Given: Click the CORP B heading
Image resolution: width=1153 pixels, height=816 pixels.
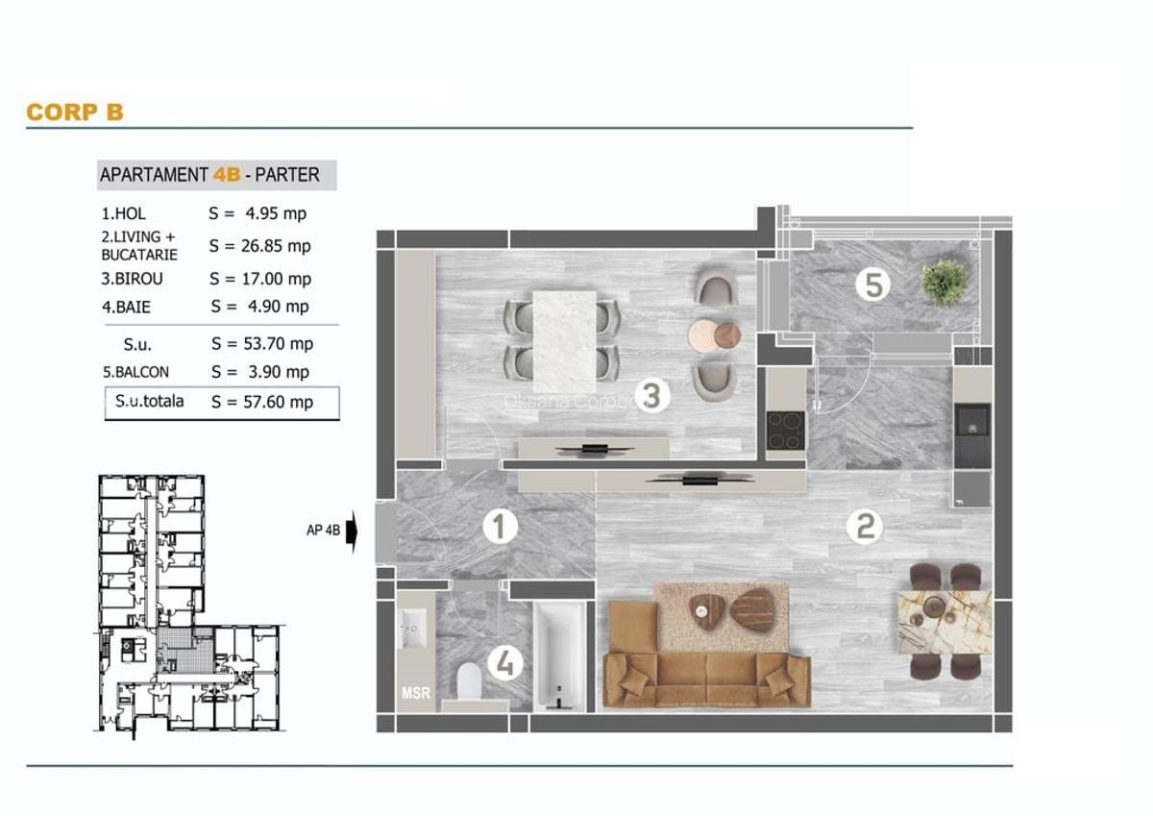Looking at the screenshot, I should click(x=75, y=112).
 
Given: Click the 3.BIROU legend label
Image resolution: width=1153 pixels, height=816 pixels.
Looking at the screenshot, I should click(x=132, y=279).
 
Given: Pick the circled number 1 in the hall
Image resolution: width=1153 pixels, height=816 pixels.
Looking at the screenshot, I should click(x=500, y=527).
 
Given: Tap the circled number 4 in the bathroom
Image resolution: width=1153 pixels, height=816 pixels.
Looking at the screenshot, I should click(x=504, y=662).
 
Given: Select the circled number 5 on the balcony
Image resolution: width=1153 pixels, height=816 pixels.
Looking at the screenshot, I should click(x=872, y=284).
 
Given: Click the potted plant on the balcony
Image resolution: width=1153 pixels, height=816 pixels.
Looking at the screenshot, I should click(x=943, y=282).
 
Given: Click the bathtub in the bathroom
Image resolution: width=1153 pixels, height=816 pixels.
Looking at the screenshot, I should click(x=558, y=656).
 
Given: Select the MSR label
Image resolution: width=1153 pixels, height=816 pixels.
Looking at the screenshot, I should click(x=415, y=692).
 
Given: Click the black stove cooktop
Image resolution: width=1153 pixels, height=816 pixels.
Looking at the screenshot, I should click(x=785, y=430).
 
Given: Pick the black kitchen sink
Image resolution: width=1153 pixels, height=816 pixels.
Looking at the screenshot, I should click(x=971, y=422).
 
